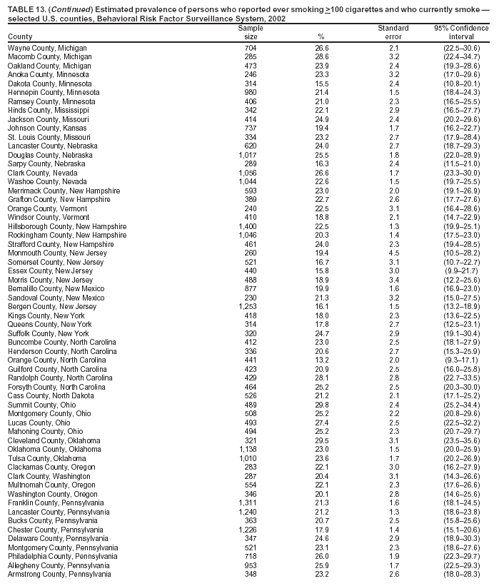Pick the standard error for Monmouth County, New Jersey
[x=393, y=253]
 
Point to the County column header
[x=20, y=36]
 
